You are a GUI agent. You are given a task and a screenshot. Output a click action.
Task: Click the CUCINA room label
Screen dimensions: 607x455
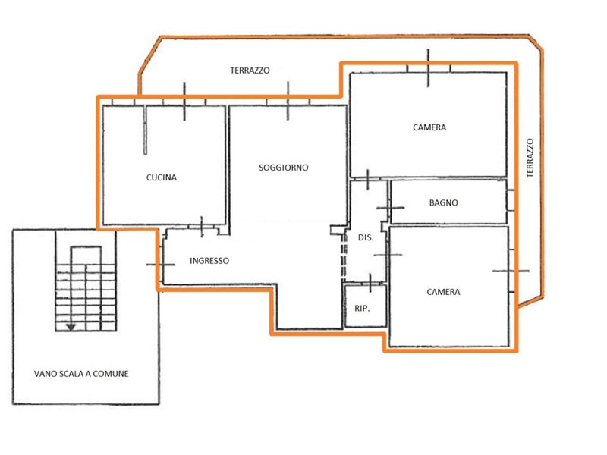pyautogui.click(x=162, y=177)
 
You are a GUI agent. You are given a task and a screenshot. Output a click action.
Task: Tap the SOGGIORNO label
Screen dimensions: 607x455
pyautogui.click(x=283, y=168)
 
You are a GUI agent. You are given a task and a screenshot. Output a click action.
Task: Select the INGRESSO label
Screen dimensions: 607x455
pyautogui.click(x=209, y=261)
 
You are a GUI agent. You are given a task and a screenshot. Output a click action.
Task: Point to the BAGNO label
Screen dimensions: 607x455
pyautogui.click(x=444, y=202)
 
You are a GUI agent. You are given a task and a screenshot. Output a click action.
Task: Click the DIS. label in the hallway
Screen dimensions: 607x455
pyautogui.click(x=366, y=237)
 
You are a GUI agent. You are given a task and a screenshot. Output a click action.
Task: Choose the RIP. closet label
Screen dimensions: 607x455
pyautogui.click(x=362, y=309)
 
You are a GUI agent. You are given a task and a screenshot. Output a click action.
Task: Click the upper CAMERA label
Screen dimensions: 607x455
pyautogui.click(x=429, y=127)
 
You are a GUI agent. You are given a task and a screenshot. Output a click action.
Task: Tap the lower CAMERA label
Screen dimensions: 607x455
pyautogui.click(x=443, y=292)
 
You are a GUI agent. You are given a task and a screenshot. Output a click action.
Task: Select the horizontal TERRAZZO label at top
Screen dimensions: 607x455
pyautogui.click(x=250, y=71)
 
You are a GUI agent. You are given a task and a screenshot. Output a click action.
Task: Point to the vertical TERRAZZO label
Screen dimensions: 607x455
pyautogui.click(x=530, y=158)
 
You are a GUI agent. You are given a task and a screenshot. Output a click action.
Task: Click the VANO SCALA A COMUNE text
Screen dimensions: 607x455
pyautogui.click(x=81, y=374)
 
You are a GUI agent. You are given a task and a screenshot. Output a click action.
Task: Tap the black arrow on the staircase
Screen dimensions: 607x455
pyautogui.click(x=71, y=328)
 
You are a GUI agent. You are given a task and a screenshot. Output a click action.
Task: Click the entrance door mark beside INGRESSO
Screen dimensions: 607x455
pyautogui.click(x=161, y=265)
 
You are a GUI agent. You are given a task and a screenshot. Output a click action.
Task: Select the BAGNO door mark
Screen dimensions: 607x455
pyautogui.click(x=390, y=208)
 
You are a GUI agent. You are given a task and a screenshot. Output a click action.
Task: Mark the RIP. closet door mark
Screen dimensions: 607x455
pyautogui.click(x=370, y=283)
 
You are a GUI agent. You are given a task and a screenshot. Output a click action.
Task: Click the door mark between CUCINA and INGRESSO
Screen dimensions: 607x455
pyautogui.click(x=202, y=227)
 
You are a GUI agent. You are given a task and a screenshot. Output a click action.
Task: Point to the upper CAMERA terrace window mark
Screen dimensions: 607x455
pyautogui.click(x=428, y=68)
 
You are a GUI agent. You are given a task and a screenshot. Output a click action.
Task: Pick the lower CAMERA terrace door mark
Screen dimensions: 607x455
pyautogui.click(x=511, y=271)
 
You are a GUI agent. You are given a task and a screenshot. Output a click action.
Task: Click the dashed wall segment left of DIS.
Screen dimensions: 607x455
pyautogui.click(x=343, y=256)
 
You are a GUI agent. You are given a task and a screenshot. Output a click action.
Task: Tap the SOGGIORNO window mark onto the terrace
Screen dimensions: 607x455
pyautogui.click(x=288, y=101)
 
